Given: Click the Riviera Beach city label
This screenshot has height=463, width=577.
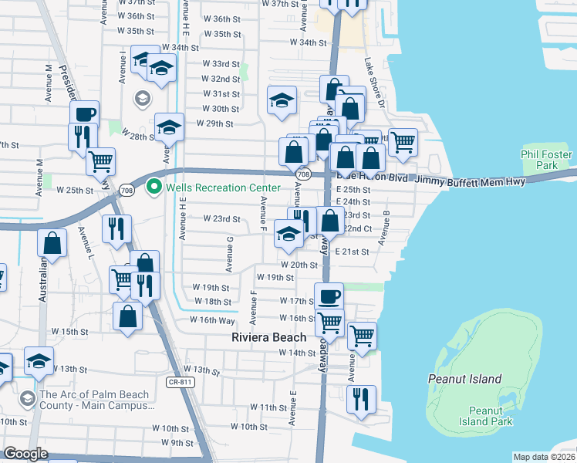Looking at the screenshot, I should tap(269, 338).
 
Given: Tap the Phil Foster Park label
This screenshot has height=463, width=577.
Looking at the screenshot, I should tap(546, 160).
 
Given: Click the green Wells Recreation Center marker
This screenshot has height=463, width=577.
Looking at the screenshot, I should tap(154, 187).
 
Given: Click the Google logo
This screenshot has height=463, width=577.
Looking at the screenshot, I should tap(25, 454).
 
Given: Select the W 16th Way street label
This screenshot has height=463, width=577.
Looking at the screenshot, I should tap(213, 320).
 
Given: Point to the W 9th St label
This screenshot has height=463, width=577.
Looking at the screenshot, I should tap(177, 443).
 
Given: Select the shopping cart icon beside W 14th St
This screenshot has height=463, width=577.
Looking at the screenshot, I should tap(362, 335).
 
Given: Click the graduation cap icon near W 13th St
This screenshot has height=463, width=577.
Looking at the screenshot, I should tap(39, 360).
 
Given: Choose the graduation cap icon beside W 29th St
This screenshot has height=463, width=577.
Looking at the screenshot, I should tap(169, 127).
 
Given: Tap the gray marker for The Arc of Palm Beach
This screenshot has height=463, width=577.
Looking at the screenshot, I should tap(28, 398).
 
